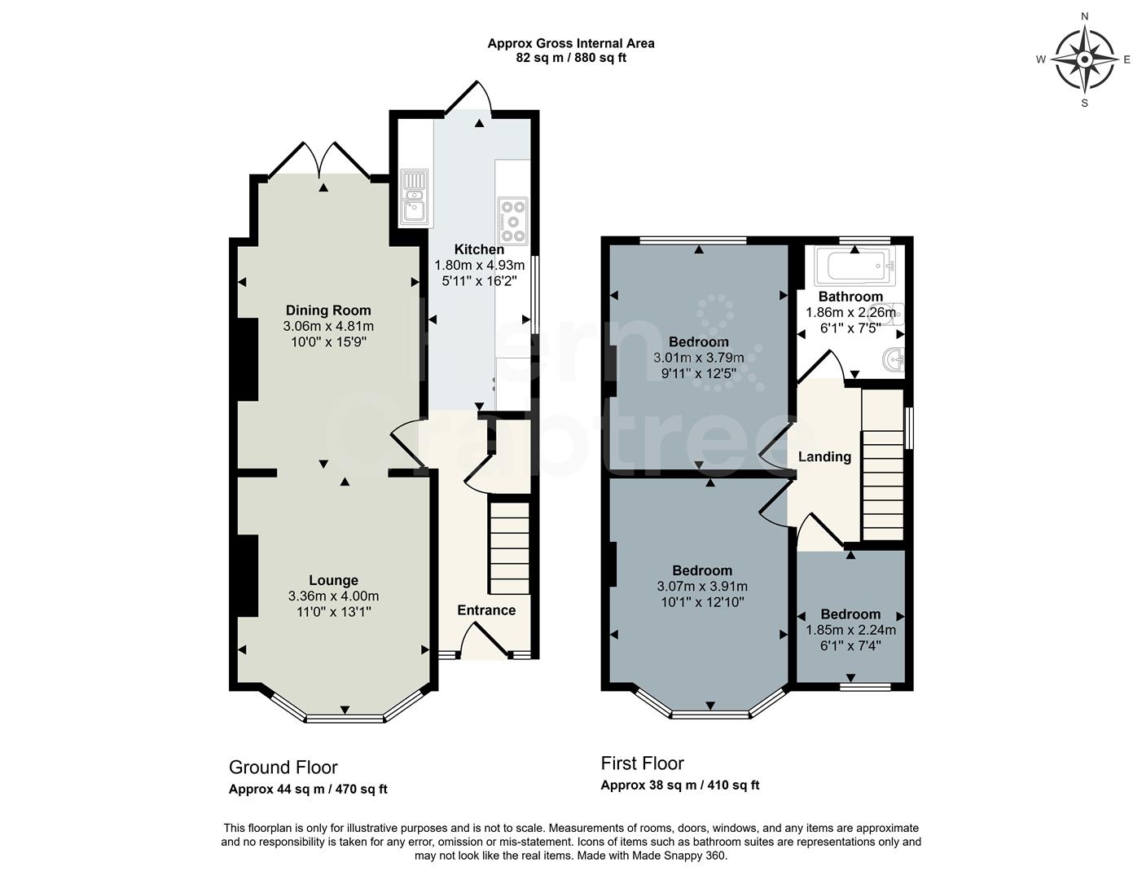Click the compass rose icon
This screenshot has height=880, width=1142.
pos(1084,59)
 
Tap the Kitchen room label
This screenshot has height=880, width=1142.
pos(479,249)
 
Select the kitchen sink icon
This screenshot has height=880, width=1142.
pos(414,197)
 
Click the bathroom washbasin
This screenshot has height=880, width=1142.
pos(894,359)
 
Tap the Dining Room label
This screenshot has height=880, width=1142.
pos(328,310)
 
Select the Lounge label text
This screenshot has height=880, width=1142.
pos(333,580)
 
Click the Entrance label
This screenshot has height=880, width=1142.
pos(486,610)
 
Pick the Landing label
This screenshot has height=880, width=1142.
pos(824,457)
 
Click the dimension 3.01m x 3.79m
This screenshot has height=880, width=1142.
pos(699,358)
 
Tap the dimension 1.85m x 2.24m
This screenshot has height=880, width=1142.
pos(850,630)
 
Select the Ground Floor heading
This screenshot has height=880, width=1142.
pos(283,768)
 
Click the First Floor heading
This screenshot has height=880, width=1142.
pos(642,763)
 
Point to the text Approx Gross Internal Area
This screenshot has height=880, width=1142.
pos(570,43)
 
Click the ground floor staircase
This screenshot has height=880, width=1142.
pos(510,548)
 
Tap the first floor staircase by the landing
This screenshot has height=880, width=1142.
pos(883,464)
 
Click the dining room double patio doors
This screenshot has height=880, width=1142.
pos(320,160)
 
